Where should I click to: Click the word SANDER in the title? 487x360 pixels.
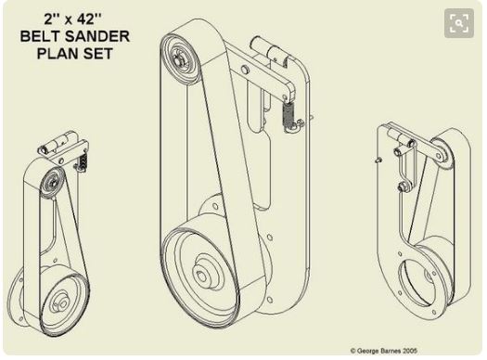[97, 36]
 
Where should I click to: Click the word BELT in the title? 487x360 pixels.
[41, 36]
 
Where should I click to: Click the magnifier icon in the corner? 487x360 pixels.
[459, 23]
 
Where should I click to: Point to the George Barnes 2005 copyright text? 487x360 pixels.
[384, 351]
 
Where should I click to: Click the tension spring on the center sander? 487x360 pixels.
[288, 114]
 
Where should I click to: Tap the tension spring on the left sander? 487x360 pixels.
[83, 161]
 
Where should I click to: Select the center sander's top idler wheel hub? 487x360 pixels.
[178, 59]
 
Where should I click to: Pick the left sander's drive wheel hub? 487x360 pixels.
[62, 302]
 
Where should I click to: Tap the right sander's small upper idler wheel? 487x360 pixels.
[440, 154]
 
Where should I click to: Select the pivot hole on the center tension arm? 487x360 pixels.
[245, 69]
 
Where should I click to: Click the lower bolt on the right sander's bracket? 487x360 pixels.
[402, 186]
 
